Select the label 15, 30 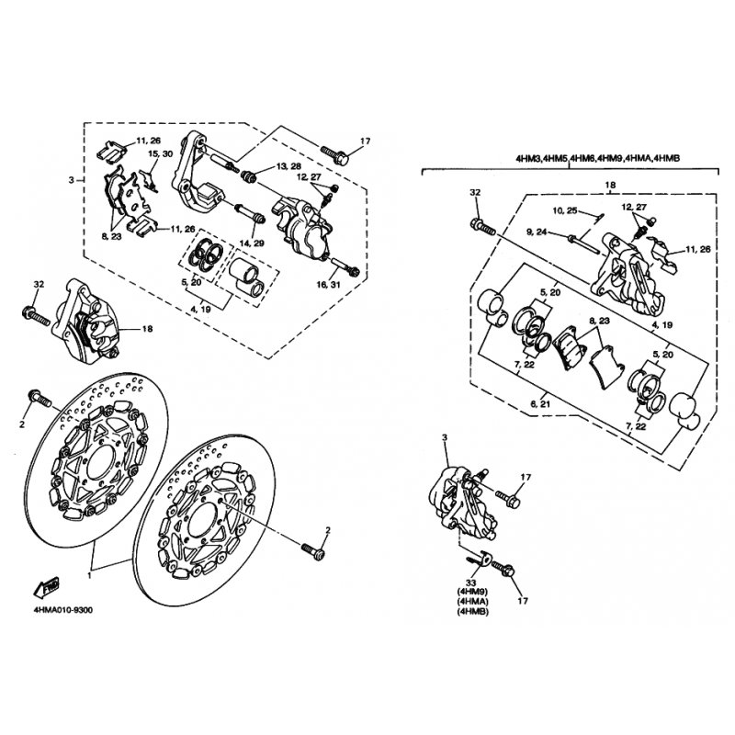[x=161, y=154]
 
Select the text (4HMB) [x=472, y=614]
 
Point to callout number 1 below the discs [x=89, y=574]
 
